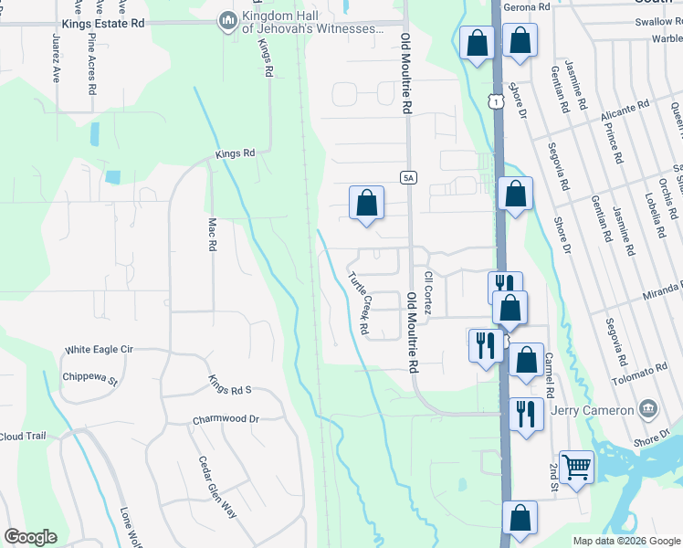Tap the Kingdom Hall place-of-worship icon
227,18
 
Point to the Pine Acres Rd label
91,65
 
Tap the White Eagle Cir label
99,350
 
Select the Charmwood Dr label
226,420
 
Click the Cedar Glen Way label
218,488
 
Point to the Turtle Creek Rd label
358,301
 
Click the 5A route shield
408,177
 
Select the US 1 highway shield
494,103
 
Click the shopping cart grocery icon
576,467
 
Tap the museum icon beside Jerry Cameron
647,408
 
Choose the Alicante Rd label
625,113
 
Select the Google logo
30,537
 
